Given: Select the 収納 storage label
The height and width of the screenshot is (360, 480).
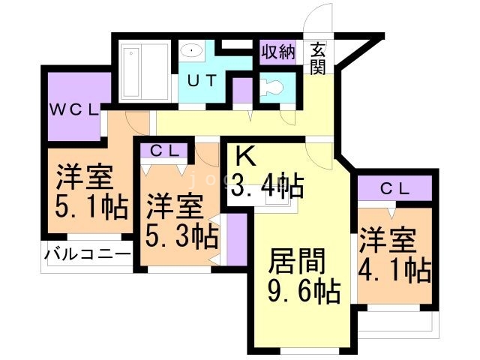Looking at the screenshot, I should point(277,52).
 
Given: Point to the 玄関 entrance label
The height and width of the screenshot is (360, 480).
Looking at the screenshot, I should point(318,58).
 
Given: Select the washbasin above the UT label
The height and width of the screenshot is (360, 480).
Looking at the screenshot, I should point(193,50).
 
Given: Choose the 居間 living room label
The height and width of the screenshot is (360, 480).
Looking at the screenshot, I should point(298,262).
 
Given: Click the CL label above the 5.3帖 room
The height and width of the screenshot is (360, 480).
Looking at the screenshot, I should point(164,150).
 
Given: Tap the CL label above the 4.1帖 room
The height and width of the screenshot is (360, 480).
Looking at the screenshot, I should point(394,188).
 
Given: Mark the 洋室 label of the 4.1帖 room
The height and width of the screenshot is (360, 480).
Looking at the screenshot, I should point(386,241).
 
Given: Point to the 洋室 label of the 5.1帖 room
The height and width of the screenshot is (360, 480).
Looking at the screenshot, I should point(84,178).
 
